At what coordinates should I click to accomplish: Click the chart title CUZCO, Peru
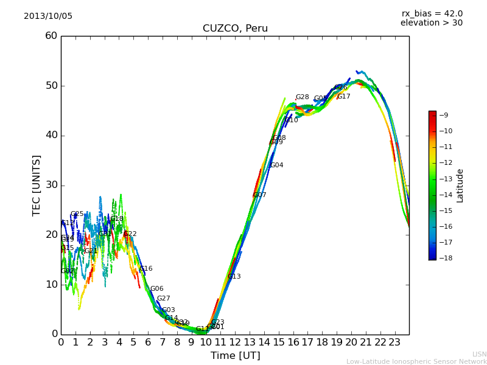[x=235, y=29]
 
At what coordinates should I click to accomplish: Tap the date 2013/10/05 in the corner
[x=48, y=16]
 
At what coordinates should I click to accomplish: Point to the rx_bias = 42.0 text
[x=432, y=14]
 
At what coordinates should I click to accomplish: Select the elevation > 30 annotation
[x=431, y=23]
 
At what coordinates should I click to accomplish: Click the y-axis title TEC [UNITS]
[x=37, y=185]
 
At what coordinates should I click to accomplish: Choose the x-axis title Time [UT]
[x=235, y=356]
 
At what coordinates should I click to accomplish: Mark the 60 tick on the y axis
[x=51, y=36]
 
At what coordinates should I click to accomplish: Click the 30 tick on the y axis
[x=51, y=185]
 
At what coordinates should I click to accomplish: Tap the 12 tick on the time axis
[x=235, y=342]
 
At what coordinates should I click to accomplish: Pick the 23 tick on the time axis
[x=394, y=342]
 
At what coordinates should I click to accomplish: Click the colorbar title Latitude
[x=460, y=186]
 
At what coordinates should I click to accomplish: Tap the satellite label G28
[x=303, y=97]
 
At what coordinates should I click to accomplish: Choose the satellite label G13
[x=234, y=277]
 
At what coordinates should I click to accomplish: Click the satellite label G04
[x=277, y=165]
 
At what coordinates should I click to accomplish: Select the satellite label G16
[x=146, y=269]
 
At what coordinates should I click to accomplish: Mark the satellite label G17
[x=344, y=97]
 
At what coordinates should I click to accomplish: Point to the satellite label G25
[x=77, y=214]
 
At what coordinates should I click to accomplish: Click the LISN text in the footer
[x=480, y=354]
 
